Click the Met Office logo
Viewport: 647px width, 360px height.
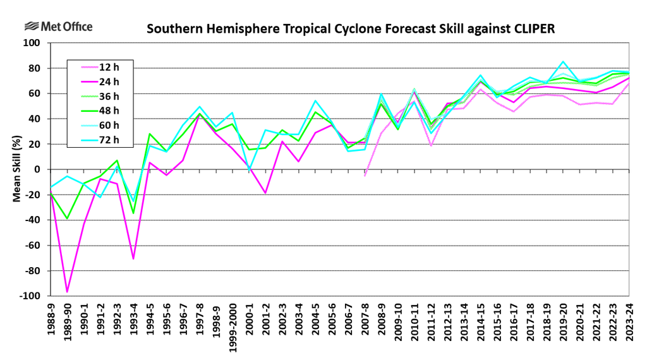point(58,27)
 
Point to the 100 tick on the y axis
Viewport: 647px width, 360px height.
point(32,43)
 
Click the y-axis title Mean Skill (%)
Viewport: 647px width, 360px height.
point(18,169)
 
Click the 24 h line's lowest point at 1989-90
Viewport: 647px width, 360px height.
point(67,292)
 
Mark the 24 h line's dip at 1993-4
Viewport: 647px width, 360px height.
point(133,258)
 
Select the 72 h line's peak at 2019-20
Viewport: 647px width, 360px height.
point(562,62)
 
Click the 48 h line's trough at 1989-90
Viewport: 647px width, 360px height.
point(67,219)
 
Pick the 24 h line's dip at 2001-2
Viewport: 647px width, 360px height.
point(266,193)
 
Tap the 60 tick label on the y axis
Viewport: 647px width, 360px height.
point(34,93)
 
